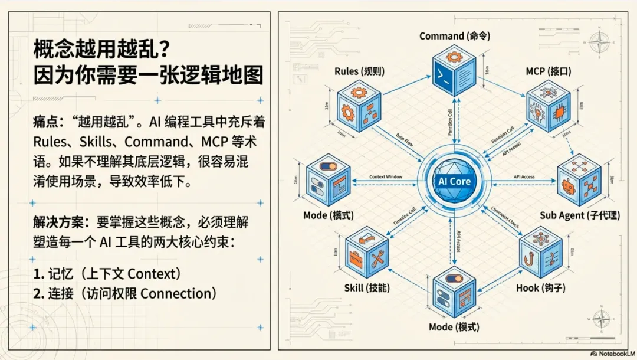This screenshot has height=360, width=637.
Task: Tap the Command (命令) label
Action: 450,36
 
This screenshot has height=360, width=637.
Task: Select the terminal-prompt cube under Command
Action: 454,74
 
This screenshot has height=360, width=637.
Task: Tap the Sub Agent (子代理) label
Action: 580,215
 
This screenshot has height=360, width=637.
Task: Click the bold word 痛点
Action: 45,123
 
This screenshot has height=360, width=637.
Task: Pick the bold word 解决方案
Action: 57,223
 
